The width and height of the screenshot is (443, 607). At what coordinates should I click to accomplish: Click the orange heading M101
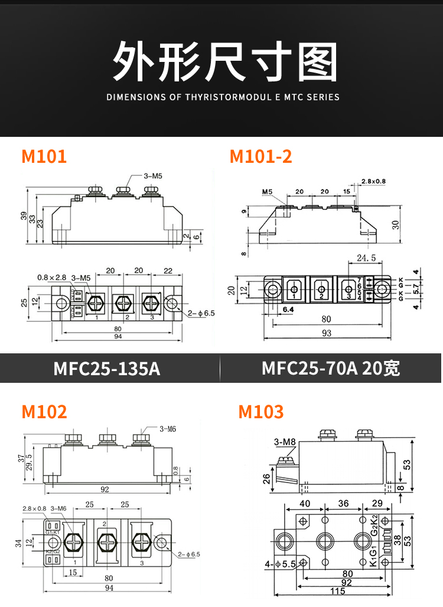pyautogui.click(x=44, y=156)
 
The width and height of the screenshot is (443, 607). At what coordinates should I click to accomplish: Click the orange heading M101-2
pyautogui.click(x=260, y=156)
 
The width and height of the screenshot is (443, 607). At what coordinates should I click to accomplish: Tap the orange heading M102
pyautogui.click(x=44, y=411)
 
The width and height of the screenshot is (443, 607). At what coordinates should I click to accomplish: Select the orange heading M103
pyautogui.click(x=260, y=411)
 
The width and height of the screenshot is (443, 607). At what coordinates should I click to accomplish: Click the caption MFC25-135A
pyautogui.click(x=107, y=369)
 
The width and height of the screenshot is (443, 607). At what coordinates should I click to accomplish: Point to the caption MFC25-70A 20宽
pyautogui.click(x=331, y=369)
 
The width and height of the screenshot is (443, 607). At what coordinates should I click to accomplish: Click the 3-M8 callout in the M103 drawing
pyautogui.click(x=285, y=442)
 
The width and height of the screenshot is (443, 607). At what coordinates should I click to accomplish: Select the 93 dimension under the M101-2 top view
pyautogui.click(x=327, y=333)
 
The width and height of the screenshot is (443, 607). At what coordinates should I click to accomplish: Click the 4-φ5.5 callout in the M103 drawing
pyautogui.click(x=281, y=564)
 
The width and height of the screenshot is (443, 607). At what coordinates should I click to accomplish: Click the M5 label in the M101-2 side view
pyautogui.click(x=267, y=192)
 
